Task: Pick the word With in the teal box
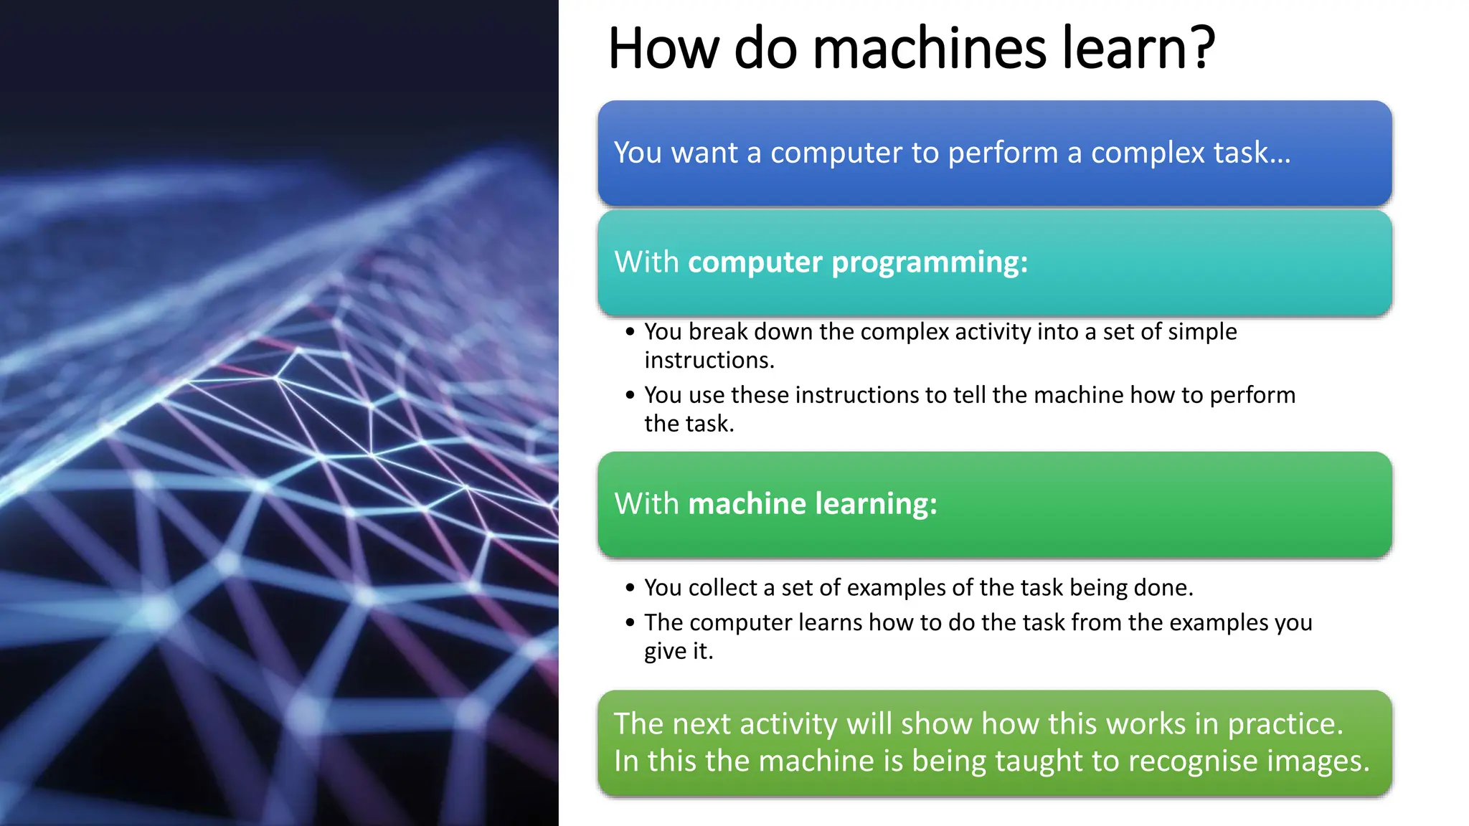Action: pyautogui.click(x=646, y=262)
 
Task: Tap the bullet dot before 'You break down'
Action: pyautogui.click(x=630, y=332)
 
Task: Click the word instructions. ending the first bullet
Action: pyautogui.click(x=709, y=360)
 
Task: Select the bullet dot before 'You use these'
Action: pyautogui.click(x=630, y=395)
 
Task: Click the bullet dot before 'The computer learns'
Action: pyautogui.click(x=630, y=622)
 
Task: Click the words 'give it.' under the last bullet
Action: pyautogui.click(x=678, y=651)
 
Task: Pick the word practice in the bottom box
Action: pyautogui.click(x=1285, y=724)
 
